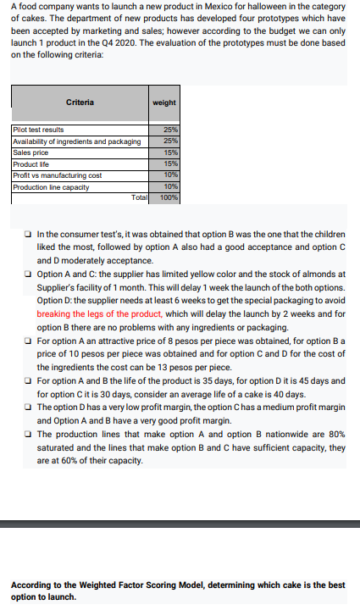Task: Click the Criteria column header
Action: [81, 103]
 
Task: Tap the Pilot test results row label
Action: [39, 130]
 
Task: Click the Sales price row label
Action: [30, 152]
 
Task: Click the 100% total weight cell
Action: [169, 197]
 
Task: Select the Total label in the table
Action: [139, 197]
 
